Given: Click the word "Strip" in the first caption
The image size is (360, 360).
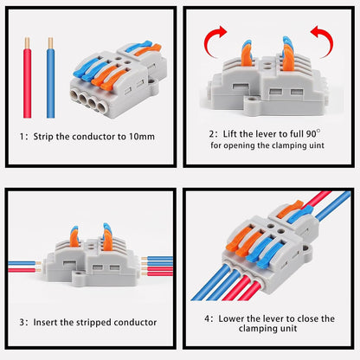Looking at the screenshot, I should point(50,136).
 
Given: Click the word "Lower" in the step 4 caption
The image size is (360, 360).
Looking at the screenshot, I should point(233,318).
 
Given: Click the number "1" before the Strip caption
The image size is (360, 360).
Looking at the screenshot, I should point(22,136).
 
